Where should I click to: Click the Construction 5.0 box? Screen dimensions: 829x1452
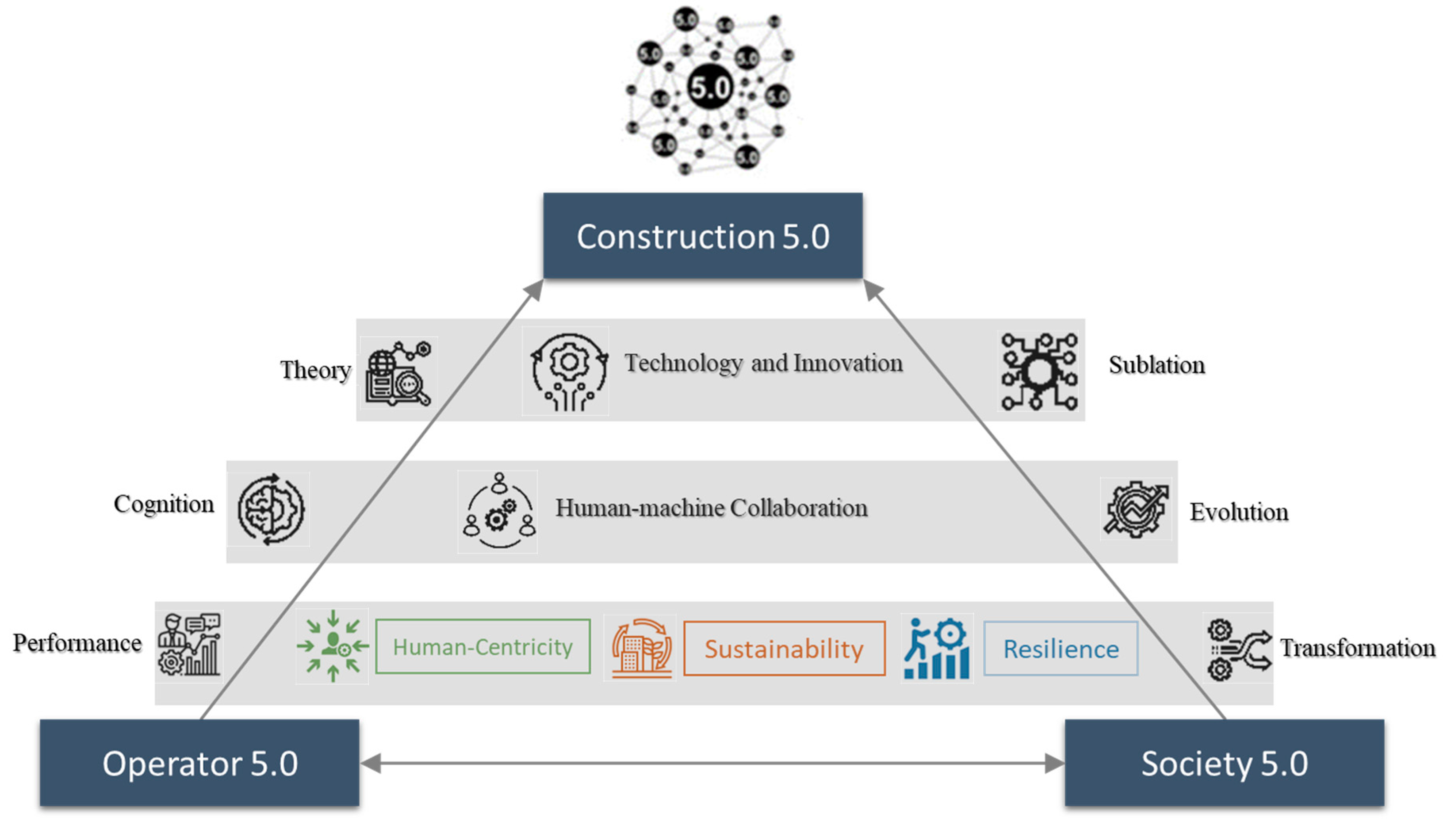tap(702, 236)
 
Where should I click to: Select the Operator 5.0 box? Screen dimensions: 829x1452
tap(199, 762)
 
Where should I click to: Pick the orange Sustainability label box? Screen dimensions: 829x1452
tap(783, 649)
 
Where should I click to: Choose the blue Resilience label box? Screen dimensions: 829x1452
tap(1060, 649)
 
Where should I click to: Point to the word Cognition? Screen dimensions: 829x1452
tap(164, 504)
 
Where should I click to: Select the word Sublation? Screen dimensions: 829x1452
tap(1156, 365)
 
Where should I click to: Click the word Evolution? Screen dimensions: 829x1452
tap(1238, 512)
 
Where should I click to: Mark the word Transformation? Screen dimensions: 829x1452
tap(1357, 648)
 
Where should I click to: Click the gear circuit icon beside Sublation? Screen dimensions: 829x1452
tap(1038, 371)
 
